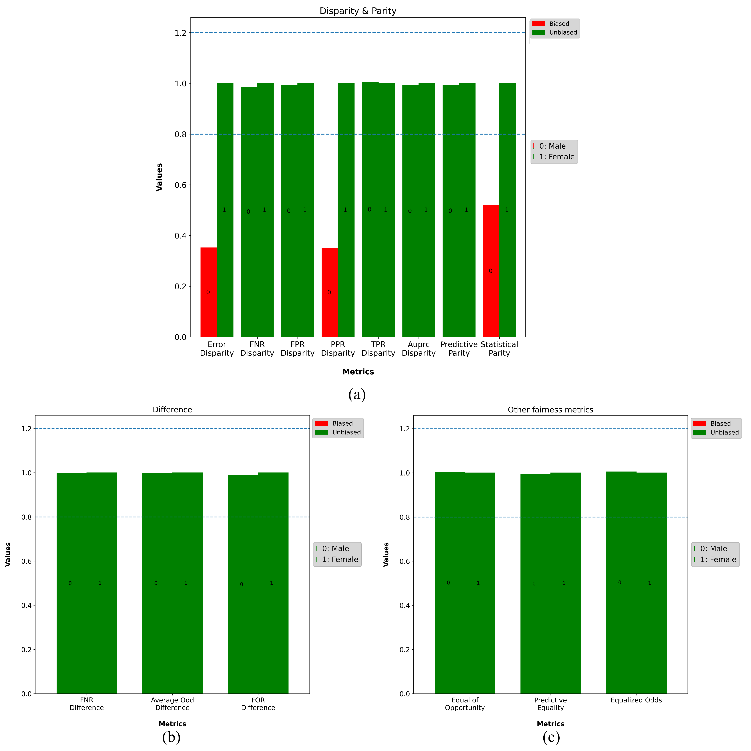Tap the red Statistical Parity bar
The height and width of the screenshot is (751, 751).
point(491,271)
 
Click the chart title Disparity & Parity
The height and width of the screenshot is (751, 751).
point(358,11)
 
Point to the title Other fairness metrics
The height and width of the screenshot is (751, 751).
point(550,410)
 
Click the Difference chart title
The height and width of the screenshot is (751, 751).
point(172,410)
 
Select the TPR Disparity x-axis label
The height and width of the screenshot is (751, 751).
point(378,349)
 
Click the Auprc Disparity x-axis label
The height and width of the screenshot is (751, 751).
point(419,349)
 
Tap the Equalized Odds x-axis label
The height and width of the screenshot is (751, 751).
point(636,700)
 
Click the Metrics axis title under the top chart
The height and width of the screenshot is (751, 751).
point(358,372)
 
